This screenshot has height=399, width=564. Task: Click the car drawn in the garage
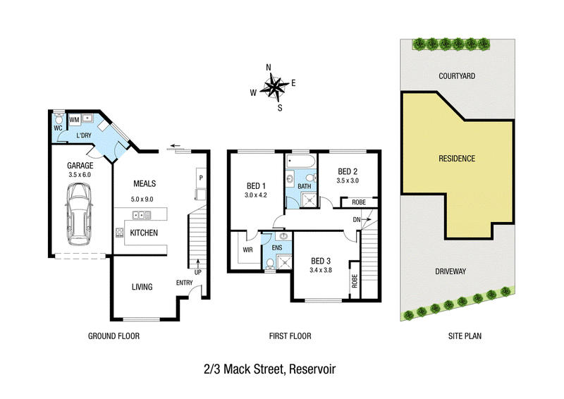pos(79,214)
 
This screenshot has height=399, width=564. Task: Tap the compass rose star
pos(274,87)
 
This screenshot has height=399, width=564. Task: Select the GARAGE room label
pos(80,166)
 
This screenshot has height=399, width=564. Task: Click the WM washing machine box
pos(75,120)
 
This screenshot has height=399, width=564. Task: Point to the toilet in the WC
pos(59,118)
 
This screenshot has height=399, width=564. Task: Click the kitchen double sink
pos(142,215)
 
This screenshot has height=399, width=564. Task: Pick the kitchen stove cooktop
pos(119,233)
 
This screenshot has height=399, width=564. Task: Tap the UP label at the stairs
pos(198,272)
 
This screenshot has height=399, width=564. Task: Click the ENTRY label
pos(185,283)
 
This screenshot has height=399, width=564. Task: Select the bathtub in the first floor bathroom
pos(301,161)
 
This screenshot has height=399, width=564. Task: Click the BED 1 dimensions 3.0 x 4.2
pos(256,195)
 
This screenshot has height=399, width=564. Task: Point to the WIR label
pos(248,250)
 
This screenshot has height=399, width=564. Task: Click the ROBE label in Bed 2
pos(359,202)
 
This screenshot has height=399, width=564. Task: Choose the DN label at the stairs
pos(357,219)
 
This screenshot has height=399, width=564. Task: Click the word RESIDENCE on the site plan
pos(457,159)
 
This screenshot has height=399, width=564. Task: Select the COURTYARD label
pos(457,76)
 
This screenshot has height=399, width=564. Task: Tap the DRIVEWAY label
pos(450,271)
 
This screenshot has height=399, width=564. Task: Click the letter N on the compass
pos(269,68)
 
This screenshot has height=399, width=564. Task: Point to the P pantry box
pos(201,178)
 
